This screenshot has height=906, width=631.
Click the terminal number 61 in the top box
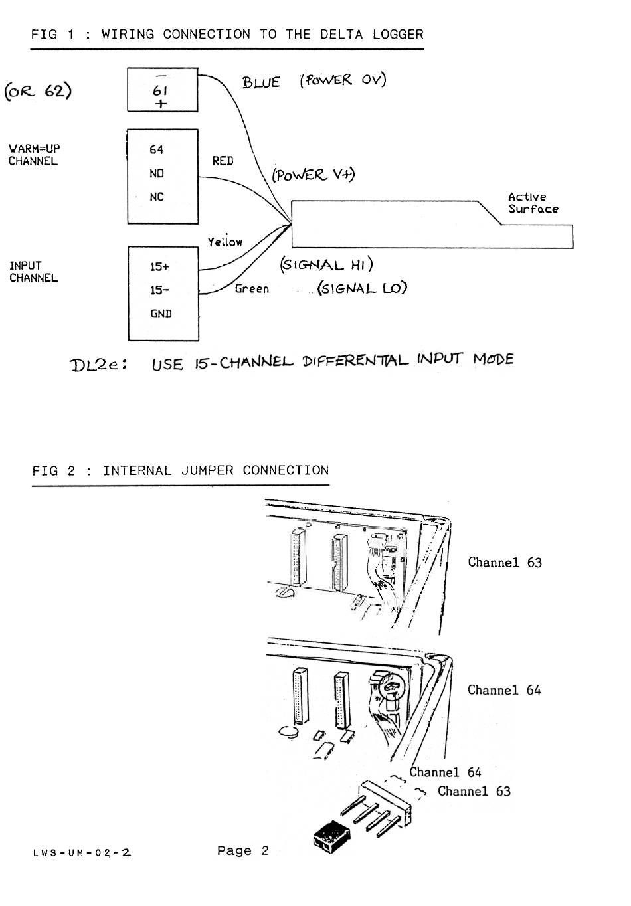tap(159, 90)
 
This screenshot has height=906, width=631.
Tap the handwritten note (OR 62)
tap(38, 90)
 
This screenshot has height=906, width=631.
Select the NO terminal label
tap(156, 173)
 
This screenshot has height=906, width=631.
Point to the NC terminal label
tap(156, 197)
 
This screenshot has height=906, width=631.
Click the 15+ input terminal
tap(159, 266)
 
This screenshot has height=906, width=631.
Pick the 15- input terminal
tap(159, 290)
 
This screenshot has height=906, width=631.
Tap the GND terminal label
tap(161, 314)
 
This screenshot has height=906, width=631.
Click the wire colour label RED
tap(223, 161)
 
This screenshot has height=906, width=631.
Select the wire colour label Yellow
tap(225, 242)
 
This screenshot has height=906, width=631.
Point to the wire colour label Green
tap(252, 289)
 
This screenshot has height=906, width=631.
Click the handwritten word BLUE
tap(261, 82)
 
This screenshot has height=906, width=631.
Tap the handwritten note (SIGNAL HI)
tap(326, 264)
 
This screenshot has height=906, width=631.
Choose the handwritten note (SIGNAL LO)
tap(362, 288)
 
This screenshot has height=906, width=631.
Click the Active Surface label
tap(533, 203)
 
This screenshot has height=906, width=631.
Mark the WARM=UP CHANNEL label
tap(34, 155)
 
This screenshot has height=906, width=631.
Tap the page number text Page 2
tap(242, 851)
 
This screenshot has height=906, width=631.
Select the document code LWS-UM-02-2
tap(81, 853)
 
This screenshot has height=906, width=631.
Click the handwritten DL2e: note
tap(99, 365)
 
